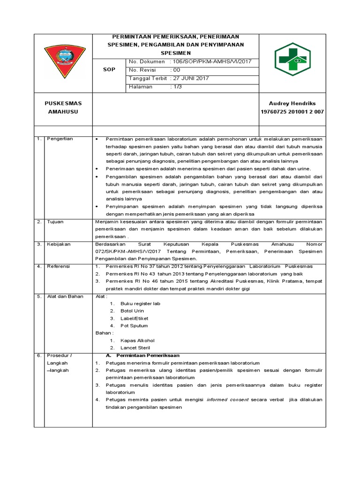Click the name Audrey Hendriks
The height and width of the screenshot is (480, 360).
pos(292,103)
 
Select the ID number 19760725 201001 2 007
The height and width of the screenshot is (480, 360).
pos(292,112)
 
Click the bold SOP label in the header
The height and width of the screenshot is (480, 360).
pos(109,69)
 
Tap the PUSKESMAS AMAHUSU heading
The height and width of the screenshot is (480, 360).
pos(63,107)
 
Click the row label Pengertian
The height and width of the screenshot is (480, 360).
pos(59,139)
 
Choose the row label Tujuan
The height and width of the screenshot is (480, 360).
pos(55,222)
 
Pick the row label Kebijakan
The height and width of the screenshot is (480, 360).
pos(58,244)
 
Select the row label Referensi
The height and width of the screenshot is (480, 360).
pos(58,266)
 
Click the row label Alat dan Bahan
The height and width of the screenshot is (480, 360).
pos(62,296)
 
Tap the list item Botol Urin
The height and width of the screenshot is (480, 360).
pos(132,311)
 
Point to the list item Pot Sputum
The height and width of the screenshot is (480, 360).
pos(134,326)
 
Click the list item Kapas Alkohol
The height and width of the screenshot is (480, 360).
pos(137,340)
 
